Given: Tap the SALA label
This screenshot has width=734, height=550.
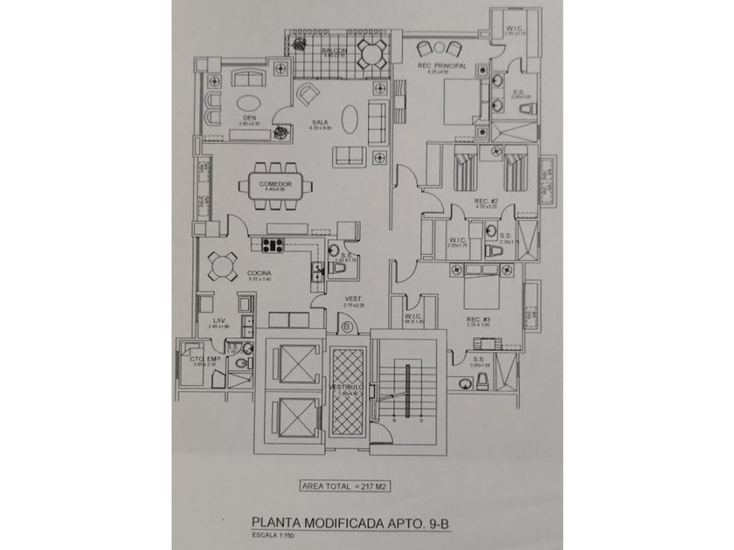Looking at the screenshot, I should pyautogui.click(x=321, y=124).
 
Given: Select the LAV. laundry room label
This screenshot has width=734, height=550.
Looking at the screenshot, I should pyautogui.click(x=219, y=321).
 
